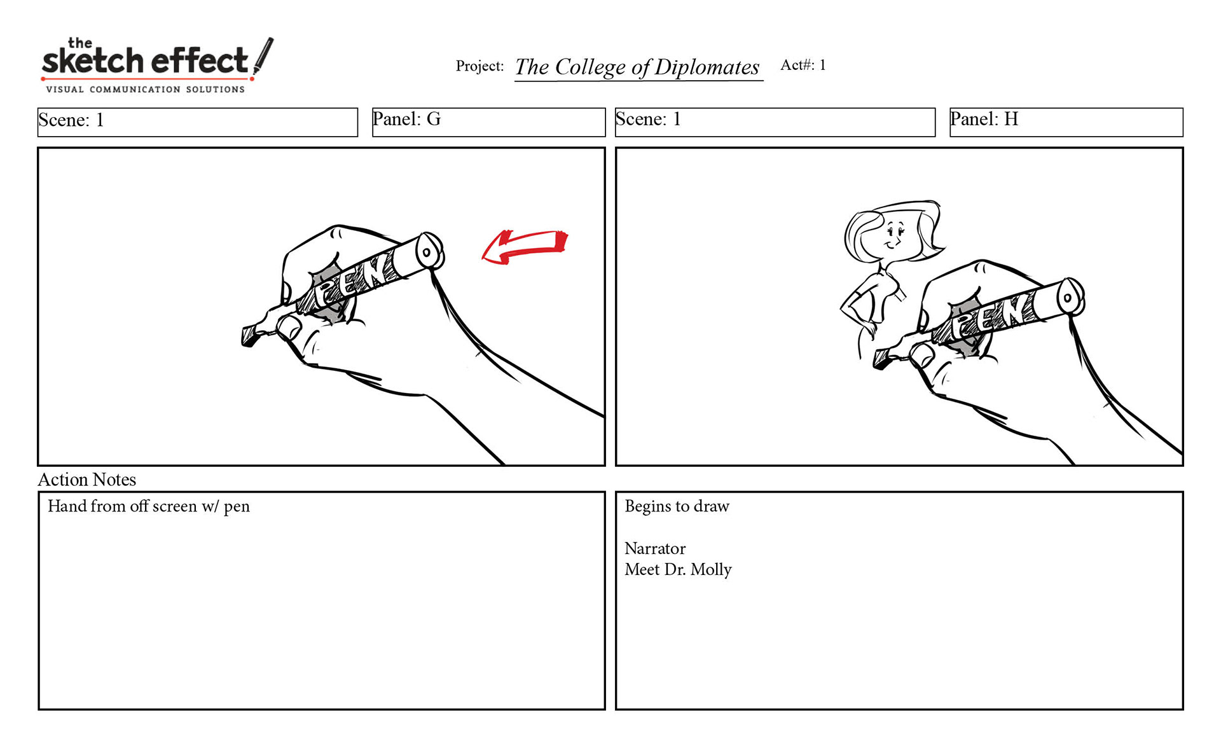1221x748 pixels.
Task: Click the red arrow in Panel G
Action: pyautogui.click(x=525, y=247)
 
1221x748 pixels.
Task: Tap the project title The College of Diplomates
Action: pyautogui.click(x=637, y=67)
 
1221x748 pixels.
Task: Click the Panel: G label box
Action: pyautogui.click(x=488, y=122)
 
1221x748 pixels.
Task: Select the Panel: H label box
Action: pyautogui.click(x=1066, y=122)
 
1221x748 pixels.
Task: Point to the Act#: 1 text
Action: pyautogui.click(x=803, y=65)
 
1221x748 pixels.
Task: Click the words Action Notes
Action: pyautogui.click(x=87, y=480)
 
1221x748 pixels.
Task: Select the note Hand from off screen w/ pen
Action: pyautogui.click(x=149, y=506)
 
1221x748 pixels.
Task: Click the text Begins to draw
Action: pyautogui.click(x=677, y=506)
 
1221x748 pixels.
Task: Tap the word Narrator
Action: pyautogui.click(x=655, y=548)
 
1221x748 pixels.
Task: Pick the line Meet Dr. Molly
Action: pyautogui.click(x=678, y=569)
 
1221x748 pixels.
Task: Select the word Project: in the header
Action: pyautogui.click(x=479, y=66)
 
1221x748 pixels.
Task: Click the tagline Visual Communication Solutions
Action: pyautogui.click(x=145, y=90)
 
